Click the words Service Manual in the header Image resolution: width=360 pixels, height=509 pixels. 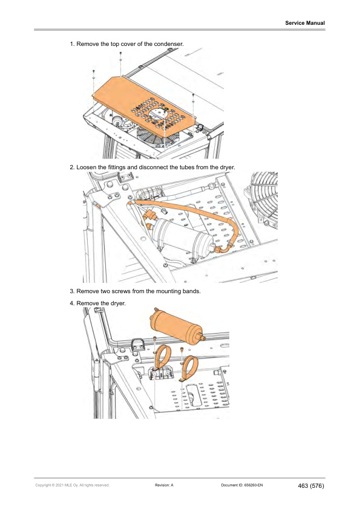point(305,23)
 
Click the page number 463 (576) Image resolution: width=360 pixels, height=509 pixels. point(312,485)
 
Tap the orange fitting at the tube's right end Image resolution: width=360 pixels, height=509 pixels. point(229,245)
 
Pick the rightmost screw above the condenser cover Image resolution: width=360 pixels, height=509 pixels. point(192,94)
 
